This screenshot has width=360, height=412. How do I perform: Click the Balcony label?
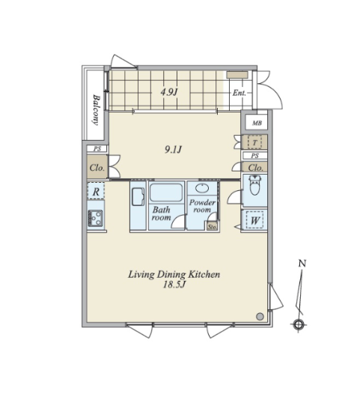[97, 110]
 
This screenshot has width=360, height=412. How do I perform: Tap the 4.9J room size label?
[169, 92]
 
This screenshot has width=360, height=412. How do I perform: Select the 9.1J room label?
[174, 150]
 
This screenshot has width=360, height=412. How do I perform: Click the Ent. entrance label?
[240, 93]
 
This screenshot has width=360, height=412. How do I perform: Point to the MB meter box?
[257, 123]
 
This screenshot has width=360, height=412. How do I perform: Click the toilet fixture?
[254, 185]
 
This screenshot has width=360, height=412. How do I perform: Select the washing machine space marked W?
[254, 220]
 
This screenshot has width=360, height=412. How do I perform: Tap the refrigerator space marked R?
[96, 191]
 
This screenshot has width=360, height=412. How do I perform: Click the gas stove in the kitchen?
[95, 218]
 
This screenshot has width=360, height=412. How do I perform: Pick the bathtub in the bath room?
[166, 193]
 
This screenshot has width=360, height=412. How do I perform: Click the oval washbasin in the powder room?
[202, 188]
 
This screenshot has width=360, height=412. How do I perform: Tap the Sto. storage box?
[212, 226]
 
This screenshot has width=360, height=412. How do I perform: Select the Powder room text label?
[202, 206]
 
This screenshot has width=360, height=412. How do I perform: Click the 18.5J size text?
[174, 285]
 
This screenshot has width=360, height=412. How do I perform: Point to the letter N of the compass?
[302, 263]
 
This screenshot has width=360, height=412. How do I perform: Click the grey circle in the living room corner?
[260, 316]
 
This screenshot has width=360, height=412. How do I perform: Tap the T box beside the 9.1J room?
[254, 142]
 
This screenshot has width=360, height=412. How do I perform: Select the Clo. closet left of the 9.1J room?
[97, 167]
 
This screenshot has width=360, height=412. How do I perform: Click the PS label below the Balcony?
[97, 149]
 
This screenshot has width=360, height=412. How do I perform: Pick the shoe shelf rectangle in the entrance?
[237, 75]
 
